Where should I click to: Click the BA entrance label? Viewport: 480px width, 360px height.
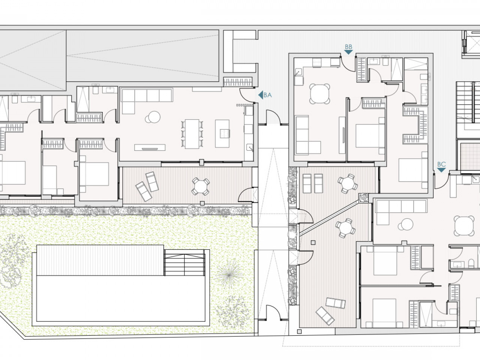tap(267, 95)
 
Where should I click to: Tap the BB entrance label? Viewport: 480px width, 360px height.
tap(348, 47)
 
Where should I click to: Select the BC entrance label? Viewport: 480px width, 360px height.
tap(441, 164)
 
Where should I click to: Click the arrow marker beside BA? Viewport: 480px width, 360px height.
tap(261, 95)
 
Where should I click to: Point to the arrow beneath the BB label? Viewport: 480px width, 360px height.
tap(348, 52)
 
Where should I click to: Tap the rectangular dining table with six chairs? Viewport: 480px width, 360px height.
tap(192, 134)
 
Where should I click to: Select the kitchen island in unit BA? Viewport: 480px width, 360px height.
tap(222, 133)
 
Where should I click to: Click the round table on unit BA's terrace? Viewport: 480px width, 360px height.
tap(201, 186)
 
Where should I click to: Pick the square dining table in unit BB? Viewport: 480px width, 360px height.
tap(319, 93)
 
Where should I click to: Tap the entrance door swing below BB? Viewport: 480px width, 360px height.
tap(348, 64)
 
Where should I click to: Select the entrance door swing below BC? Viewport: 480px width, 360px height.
tap(441, 181)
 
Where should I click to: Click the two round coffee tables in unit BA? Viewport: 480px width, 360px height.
tap(153, 117)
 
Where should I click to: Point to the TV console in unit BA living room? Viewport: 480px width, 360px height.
tap(150, 147)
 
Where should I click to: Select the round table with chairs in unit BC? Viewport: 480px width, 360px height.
tap(464, 226)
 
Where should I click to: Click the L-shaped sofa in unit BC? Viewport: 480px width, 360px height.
tap(401, 211)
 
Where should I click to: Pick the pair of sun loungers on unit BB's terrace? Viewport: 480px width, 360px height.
tap(313, 183)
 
